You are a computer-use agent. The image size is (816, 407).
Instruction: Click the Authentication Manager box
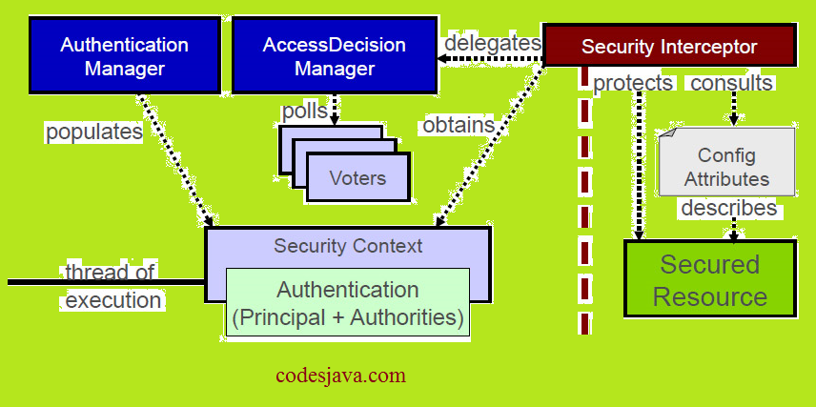124,56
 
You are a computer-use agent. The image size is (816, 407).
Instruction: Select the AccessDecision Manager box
334,56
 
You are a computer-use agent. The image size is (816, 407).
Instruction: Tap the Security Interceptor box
669,46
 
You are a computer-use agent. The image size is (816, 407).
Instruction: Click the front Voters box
357,177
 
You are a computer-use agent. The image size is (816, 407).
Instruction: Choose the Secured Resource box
709,279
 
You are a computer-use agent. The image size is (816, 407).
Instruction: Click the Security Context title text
348,246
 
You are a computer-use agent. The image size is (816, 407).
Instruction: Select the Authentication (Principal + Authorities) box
347,303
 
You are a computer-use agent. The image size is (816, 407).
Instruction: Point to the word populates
94,132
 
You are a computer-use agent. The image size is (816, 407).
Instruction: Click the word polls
304,111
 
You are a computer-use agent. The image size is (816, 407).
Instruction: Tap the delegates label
492,44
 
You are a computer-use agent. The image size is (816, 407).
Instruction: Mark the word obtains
459,124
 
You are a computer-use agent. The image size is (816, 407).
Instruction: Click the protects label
633,83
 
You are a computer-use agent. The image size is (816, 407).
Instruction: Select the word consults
731,83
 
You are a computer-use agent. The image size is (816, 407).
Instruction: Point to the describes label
728,208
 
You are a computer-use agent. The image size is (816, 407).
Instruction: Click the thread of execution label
113,287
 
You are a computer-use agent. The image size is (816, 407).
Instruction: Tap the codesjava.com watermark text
340,375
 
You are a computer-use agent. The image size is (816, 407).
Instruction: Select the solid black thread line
38,282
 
